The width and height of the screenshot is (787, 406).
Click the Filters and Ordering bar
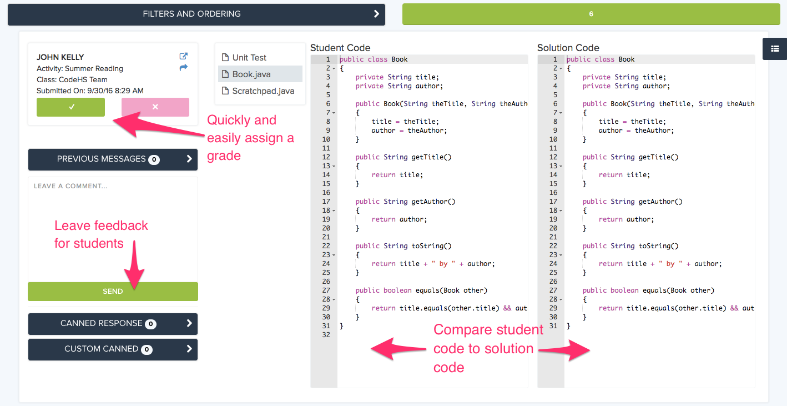click(196, 14)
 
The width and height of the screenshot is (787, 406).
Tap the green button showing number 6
click(591, 14)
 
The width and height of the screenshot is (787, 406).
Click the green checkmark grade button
click(70, 107)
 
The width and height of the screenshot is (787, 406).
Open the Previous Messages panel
click(113, 159)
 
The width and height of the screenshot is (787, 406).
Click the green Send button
click(113, 292)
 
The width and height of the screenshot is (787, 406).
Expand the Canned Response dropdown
click(113, 324)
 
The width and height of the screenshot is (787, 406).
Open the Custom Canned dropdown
click(113, 349)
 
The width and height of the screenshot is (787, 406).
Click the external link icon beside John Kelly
click(183, 56)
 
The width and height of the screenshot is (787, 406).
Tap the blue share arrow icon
click(183, 68)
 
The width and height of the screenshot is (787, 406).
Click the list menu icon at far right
click(775, 49)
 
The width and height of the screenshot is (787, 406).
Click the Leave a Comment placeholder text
click(70, 186)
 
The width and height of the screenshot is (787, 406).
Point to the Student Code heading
click(340, 48)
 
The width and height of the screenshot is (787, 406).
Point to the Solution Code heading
click(568, 48)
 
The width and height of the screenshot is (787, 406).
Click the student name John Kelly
click(60, 57)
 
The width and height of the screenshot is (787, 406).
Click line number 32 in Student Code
click(326, 335)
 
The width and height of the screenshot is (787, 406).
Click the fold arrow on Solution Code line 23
click(561, 255)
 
